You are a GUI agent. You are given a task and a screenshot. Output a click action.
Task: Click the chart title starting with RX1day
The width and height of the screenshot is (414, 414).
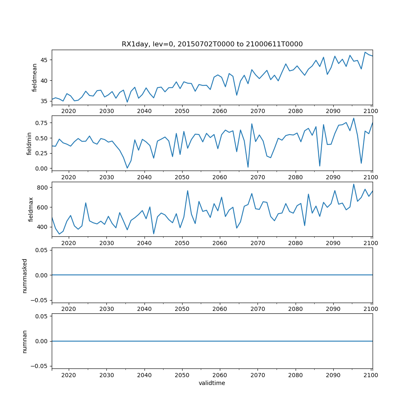(212, 44)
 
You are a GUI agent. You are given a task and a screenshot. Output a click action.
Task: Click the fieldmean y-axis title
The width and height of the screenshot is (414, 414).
(34, 77)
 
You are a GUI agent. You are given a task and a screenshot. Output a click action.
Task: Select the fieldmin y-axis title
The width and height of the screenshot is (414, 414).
(29, 143)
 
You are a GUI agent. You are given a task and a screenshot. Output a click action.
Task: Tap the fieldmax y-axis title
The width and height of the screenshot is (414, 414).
(31, 209)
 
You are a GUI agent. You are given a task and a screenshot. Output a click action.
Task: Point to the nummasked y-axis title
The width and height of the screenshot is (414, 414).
(24, 275)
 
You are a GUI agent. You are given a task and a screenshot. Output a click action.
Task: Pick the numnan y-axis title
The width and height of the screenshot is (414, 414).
(24, 341)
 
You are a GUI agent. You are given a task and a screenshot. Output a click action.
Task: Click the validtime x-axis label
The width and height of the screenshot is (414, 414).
(212, 383)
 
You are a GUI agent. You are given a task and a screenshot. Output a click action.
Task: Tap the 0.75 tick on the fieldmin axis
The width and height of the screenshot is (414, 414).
(42, 123)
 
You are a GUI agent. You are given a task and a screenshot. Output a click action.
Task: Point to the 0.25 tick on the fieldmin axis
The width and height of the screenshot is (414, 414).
(42, 153)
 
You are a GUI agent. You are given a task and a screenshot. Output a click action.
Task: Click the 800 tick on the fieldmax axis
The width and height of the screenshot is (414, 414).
(43, 188)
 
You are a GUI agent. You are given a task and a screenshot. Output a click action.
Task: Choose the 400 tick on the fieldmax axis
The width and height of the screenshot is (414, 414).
(43, 227)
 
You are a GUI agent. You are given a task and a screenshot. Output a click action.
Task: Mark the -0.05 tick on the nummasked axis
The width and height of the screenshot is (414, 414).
(40, 300)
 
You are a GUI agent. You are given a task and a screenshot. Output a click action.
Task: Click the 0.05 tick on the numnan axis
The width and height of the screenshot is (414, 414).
(42, 316)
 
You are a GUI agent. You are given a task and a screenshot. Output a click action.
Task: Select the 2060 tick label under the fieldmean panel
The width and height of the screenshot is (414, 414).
(220, 111)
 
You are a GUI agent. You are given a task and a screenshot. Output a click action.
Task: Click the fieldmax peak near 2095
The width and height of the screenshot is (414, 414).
(354, 184)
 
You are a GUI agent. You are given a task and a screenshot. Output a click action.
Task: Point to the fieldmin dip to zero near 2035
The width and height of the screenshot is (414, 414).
(127, 168)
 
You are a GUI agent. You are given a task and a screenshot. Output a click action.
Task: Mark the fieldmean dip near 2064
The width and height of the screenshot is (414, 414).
(237, 95)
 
